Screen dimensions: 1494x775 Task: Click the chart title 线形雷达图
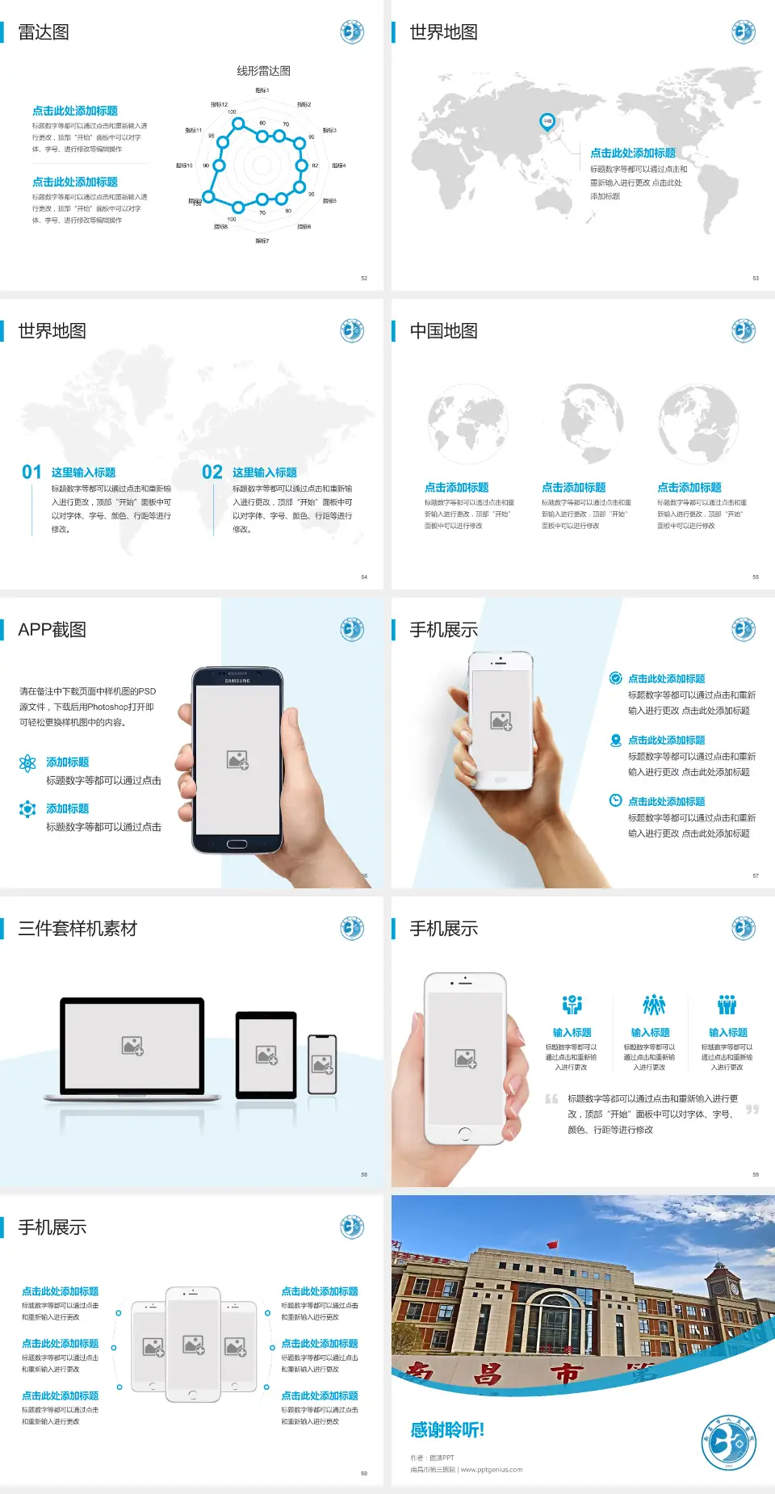coord(263,71)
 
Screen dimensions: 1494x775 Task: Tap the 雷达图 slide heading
coord(44,32)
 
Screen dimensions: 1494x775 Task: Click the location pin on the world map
coord(547,122)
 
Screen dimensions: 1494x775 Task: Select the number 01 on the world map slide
coord(31,472)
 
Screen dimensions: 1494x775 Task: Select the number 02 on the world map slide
coord(212,472)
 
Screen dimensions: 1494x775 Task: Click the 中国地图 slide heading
coord(443,331)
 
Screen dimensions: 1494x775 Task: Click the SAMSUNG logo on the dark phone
coord(237,681)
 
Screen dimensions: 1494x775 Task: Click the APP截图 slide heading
coord(52,630)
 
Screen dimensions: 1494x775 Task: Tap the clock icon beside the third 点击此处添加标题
coord(615,800)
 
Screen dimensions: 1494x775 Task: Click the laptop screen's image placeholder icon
coord(132,1046)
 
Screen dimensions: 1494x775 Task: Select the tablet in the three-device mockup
coord(266,1055)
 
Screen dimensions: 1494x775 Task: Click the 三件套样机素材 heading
coord(77,929)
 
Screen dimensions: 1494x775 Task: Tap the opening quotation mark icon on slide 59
coord(551,1098)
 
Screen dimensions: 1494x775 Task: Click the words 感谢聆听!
coord(447,1430)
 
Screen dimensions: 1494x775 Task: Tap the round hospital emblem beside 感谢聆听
coord(728,1442)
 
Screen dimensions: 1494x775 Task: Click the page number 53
coord(756,278)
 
